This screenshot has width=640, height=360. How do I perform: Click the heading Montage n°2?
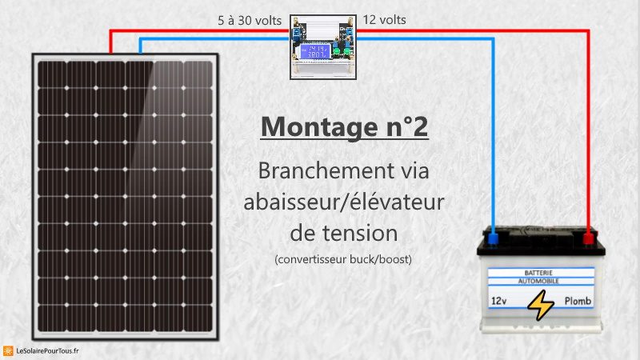[344, 126]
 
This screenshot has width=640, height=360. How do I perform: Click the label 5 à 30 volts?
[250, 18]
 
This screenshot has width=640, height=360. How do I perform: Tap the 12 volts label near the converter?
[385, 18]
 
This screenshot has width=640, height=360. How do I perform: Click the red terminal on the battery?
[589, 238]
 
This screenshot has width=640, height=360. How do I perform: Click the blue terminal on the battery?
[494, 238]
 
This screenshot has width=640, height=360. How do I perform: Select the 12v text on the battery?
[498, 302]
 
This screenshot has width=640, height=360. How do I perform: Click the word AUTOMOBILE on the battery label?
[543, 282]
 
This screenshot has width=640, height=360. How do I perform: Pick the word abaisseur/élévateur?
[344, 202]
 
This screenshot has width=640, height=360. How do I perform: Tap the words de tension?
[344, 233]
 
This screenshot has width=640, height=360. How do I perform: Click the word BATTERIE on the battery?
[543, 273]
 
